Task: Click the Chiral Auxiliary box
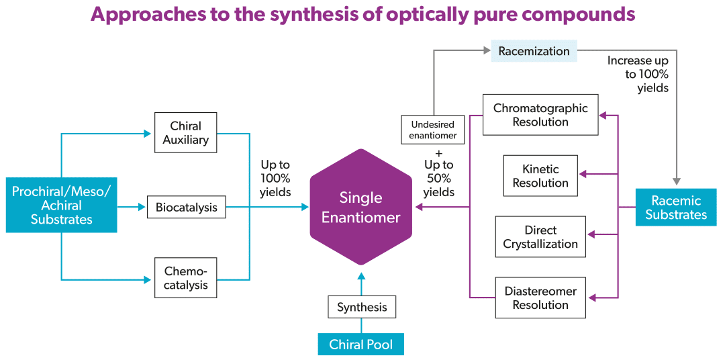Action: pos(185,133)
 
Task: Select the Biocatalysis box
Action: pos(186,208)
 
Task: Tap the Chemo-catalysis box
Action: pos(185,278)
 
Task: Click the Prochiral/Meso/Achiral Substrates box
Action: pos(61,205)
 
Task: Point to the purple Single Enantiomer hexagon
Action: pos(360,208)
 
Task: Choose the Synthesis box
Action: pos(362,307)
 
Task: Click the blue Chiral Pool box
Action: pos(360,345)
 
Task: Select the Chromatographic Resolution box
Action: pos(540,115)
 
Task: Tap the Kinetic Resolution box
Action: pos(540,176)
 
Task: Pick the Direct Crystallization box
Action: pos(540,236)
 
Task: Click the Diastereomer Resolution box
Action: pos(540,298)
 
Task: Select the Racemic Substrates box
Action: pos(675,208)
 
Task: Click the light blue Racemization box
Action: pos(534,51)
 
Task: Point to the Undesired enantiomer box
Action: pos(433,130)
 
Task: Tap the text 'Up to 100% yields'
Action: pos(275,178)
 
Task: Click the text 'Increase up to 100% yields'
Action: pos(638,74)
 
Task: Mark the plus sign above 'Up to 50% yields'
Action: pos(438,152)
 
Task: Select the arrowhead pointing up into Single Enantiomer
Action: pos(361,275)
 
